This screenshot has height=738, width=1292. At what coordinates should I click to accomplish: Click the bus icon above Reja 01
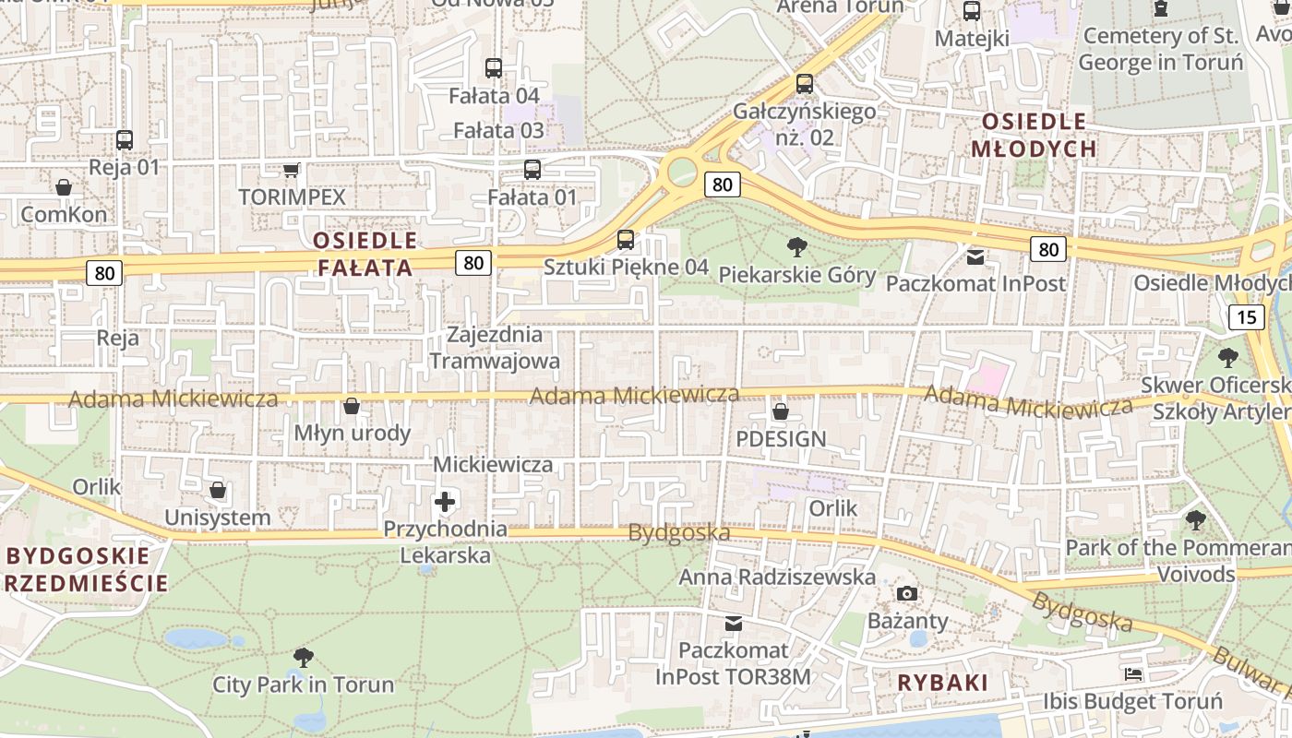[125, 140]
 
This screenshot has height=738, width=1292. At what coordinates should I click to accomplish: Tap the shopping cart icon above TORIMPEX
[292, 170]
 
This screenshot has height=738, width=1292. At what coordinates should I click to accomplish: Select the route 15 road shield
[1247, 317]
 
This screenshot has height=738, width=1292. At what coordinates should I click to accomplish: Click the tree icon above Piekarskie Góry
[797, 246]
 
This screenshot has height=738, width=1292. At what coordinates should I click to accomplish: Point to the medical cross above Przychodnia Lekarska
[445, 502]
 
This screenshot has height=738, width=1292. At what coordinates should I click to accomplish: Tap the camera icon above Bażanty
[907, 593]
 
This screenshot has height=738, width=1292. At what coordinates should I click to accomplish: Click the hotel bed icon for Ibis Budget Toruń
[1133, 674]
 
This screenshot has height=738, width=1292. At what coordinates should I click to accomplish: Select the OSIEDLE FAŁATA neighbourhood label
[365, 255]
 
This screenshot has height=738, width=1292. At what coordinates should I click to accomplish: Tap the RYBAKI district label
[942, 683]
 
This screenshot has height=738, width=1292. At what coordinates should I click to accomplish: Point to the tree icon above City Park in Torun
[303, 657]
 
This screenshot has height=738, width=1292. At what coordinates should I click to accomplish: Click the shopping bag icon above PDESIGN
[781, 411]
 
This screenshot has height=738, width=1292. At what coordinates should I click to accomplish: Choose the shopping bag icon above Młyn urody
[352, 406]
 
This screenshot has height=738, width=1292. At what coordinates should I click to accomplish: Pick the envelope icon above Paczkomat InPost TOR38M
[733, 624]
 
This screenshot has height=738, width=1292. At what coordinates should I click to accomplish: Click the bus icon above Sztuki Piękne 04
[626, 240]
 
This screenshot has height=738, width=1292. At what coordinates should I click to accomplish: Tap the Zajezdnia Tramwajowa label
[495, 347]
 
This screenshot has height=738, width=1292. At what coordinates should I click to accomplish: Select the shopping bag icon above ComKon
[64, 187]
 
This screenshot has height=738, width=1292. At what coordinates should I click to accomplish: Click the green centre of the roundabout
[682, 170]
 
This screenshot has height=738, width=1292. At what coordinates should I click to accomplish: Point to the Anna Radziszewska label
[777, 577]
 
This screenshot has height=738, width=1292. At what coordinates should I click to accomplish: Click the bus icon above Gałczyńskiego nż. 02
[804, 84]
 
